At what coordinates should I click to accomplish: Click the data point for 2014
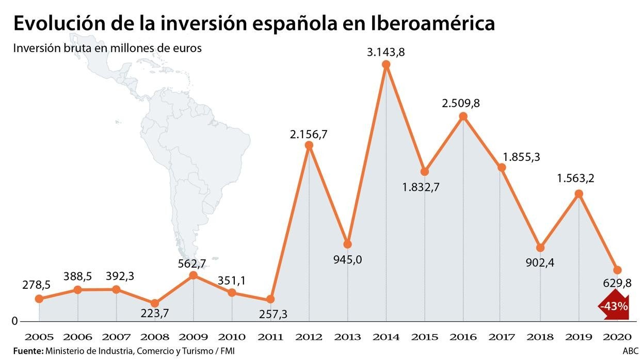point(386,64)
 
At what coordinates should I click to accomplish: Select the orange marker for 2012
point(309,145)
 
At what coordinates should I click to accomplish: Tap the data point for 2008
point(154,303)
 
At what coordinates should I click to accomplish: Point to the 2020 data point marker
point(617,270)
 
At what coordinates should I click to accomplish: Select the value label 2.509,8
point(461,103)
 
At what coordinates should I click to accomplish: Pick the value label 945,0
point(348,259)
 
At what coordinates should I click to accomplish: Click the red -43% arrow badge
point(614,306)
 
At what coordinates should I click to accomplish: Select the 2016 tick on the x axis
point(463,337)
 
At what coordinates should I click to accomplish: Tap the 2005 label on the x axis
point(39,337)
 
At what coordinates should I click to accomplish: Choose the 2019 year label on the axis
point(578,337)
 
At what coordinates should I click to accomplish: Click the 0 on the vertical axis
point(15,321)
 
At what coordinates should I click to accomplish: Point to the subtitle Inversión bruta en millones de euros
point(107,48)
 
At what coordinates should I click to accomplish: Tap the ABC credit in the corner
point(630,351)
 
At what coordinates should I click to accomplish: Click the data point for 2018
point(540,248)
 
